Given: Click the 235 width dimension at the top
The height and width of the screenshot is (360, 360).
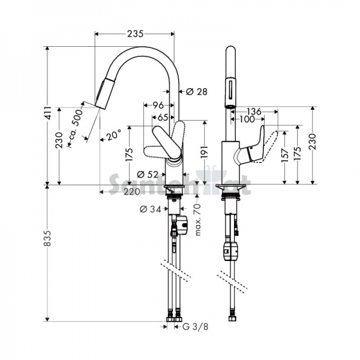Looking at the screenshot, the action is point(135,34).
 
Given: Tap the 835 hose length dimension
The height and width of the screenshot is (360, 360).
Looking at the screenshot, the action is point(47,238).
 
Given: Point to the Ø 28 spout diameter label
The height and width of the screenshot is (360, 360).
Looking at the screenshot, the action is point(197,92).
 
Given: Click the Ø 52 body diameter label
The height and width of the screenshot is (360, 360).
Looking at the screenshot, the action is point(148,175).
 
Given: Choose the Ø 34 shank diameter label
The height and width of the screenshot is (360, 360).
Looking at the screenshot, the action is point(151,209).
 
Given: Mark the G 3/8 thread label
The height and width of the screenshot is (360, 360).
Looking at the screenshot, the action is point(196,327).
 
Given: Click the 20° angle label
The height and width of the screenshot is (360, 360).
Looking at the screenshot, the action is point(113,136).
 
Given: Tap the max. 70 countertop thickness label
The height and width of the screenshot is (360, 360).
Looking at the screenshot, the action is point(197,220).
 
